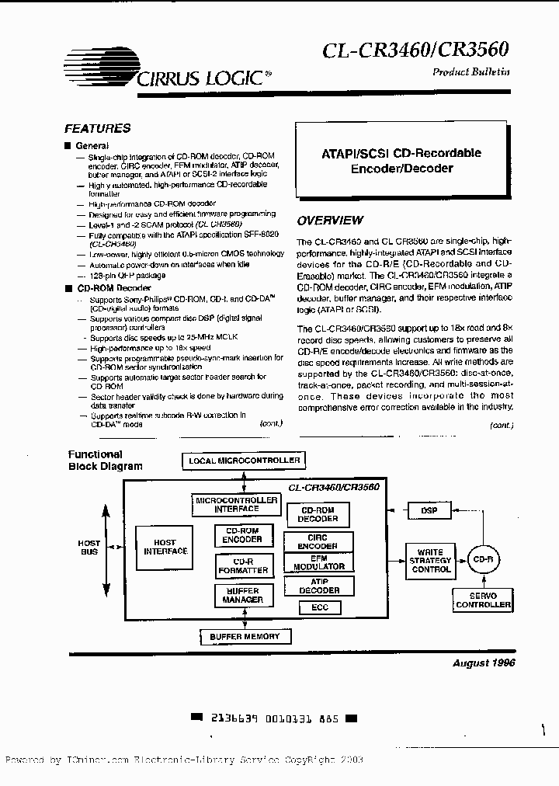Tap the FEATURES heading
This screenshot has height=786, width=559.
(x=97, y=129)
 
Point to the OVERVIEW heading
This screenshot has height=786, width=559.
(x=330, y=221)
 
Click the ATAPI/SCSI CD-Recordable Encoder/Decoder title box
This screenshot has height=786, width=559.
(x=401, y=161)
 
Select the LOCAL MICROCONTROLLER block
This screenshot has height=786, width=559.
(x=244, y=461)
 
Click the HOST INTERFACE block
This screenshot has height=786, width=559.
(x=165, y=547)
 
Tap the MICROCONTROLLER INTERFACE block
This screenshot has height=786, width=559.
(x=236, y=505)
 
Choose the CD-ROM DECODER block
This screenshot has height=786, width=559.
(x=318, y=514)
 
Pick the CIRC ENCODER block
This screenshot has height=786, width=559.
(x=318, y=541)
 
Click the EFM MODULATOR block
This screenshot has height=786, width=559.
(x=318, y=563)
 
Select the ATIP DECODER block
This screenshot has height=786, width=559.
(x=318, y=586)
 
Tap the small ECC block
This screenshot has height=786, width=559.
(x=319, y=607)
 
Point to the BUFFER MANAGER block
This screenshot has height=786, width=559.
(x=244, y=596)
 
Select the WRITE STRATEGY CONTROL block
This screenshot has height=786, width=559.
(x=431, y=559)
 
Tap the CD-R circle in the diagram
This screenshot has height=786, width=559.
(x=483, y=559)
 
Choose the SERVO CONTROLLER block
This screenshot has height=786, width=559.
(x=483, y=600)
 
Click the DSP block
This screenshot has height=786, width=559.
(x=429, y=510)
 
